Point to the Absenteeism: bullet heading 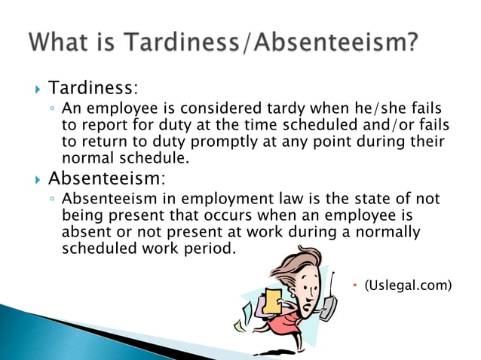(x=106, y=178)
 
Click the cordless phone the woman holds (x=327, y=301)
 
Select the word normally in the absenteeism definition (x=385, y=232)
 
